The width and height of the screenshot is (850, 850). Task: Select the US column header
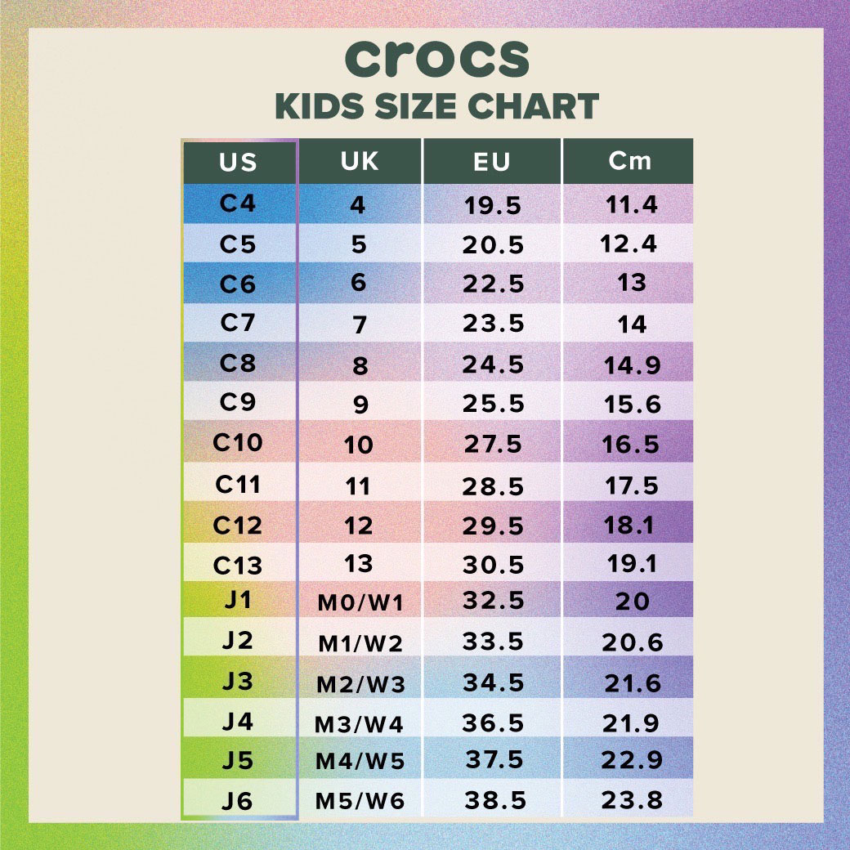(238, 162)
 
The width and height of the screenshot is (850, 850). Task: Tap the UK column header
(360, 161)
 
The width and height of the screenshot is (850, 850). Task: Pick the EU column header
(491, 162)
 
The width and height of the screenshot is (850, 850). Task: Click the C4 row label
(238, 203)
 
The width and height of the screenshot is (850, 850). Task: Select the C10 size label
(238, 443)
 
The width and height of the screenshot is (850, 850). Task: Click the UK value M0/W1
(360, 604)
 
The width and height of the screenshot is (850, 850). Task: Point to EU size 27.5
(492, 445)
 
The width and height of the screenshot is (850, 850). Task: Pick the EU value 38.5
(495, 800)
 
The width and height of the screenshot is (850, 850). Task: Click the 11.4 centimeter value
(631, 204)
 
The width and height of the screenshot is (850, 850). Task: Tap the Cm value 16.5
(631, 445)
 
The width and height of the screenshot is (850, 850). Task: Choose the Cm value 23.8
(632, 800)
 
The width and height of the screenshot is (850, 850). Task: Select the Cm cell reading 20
(632, 602)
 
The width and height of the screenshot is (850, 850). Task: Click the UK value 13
(359, 563)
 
